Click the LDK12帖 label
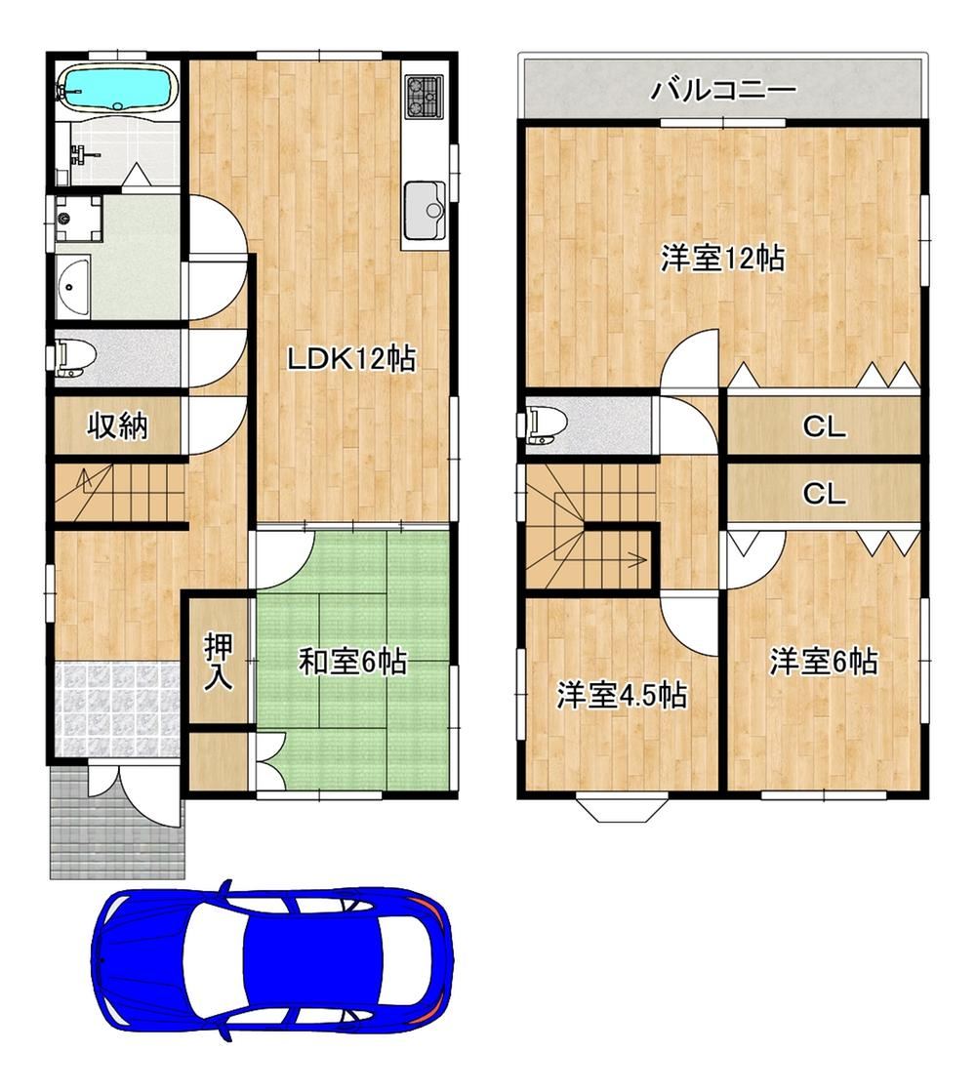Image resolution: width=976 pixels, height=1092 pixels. click(351, 359)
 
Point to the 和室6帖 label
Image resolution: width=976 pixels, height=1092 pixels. click(352, 661)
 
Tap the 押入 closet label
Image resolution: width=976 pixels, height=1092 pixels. click(218, 662)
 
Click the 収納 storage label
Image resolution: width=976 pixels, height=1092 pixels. click(117, 425)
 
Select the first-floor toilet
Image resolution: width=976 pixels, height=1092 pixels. click(74, 358)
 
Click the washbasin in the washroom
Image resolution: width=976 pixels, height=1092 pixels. click(72, 286)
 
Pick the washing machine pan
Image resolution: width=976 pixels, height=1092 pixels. click(79, 218)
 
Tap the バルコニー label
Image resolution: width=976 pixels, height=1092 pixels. click(723, 90)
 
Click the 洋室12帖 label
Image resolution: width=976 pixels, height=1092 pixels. click(722, 259)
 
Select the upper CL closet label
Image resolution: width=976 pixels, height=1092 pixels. click(824, 426)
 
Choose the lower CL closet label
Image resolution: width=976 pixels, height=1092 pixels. click(824, 494)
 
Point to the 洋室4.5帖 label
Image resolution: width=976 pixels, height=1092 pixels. click(622, 695)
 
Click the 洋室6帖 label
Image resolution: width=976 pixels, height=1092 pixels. click(824, 661)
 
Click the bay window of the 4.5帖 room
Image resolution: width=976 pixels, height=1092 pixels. click(622, 807)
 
